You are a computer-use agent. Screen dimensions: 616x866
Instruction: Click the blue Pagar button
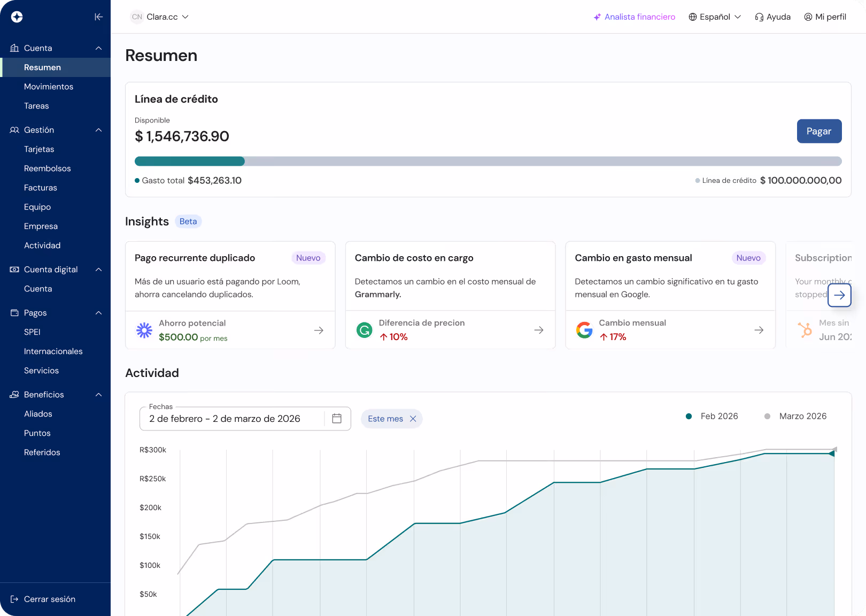point(819,131)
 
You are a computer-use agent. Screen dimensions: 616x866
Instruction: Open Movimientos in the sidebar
point(49,87)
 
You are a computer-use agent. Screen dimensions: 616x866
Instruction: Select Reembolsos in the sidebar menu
point(48,168)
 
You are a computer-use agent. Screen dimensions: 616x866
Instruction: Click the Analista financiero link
point(635,17)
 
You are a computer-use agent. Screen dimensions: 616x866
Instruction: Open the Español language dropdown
point(715,17)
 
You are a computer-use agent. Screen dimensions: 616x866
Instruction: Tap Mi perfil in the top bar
point(825,17)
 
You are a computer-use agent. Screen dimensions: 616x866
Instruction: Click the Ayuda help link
point(772,17)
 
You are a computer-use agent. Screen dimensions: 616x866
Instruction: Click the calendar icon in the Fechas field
point(337,419)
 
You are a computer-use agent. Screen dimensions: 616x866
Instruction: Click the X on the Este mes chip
point(413,419)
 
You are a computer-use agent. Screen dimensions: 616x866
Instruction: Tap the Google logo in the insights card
point(584,330)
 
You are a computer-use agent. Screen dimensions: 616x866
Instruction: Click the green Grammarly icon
point(365,330)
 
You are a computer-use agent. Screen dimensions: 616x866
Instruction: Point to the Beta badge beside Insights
point(188,221)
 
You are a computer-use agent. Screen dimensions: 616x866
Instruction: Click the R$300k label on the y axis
point(153,450)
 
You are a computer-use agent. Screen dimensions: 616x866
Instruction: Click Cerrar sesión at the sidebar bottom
point(49,599)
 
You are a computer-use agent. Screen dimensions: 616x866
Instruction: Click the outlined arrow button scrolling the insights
point(839,295)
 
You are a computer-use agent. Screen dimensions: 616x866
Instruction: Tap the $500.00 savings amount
point(179,337)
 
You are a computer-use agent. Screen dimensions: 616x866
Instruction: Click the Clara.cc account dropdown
point(160,17)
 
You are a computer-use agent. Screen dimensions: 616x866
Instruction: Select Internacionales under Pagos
point(53,351)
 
